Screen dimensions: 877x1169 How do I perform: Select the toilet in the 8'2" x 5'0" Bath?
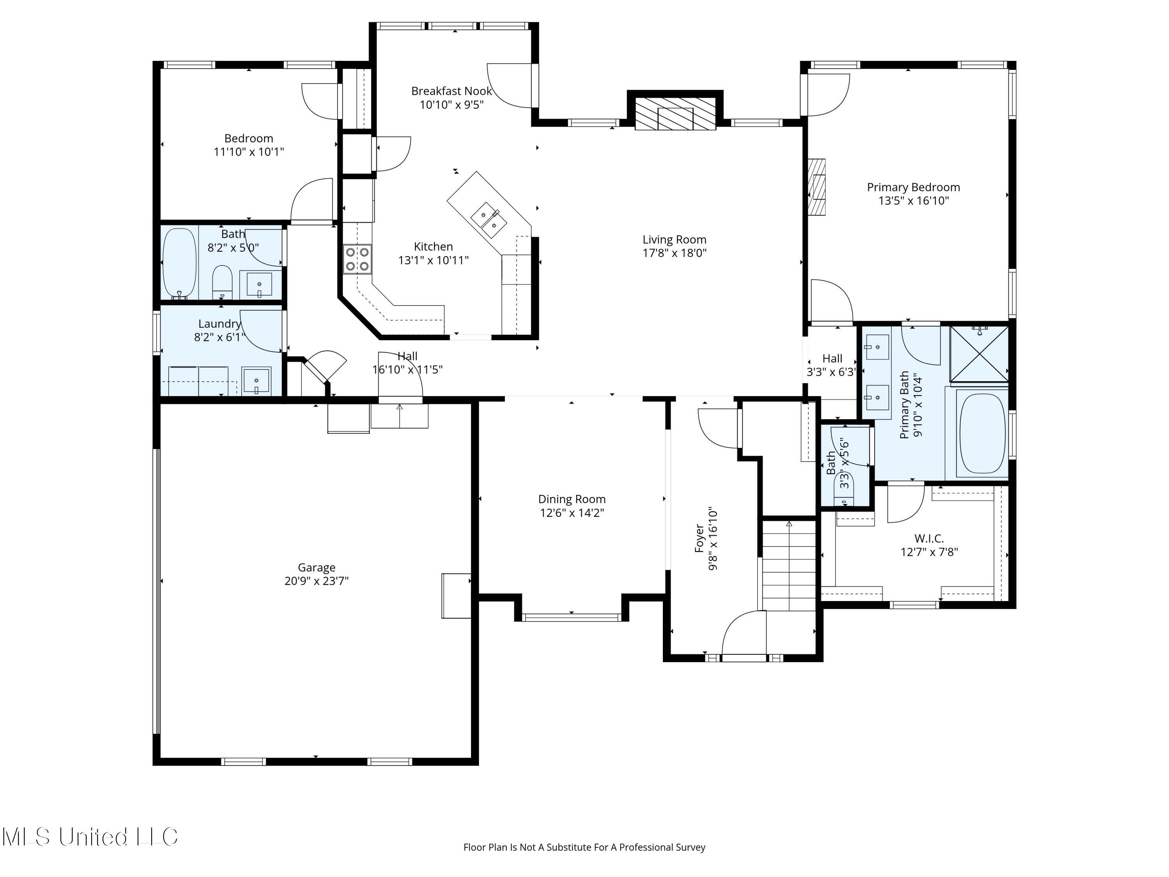tap(222, 283)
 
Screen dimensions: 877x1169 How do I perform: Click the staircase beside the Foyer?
tap(789, 564)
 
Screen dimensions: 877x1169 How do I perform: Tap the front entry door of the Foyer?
tap(744, 658)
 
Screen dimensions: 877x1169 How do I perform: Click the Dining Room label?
tap(571, 499)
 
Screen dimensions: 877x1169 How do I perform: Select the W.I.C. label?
tap(929, 539)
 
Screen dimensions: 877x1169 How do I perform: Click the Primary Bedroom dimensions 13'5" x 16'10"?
tap(913, 201)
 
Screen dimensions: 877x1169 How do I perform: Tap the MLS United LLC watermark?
tap(90, 836)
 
